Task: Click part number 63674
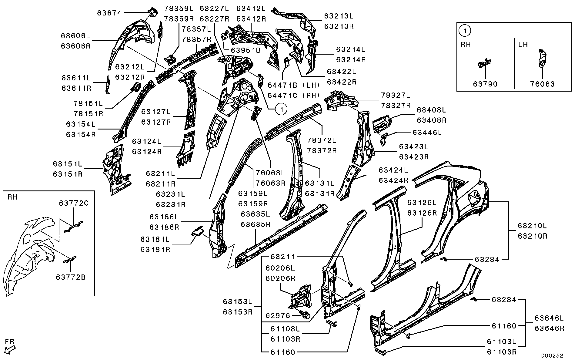tap(109, 13)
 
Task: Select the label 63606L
tap(76, 36)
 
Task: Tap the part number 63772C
tap(74, 203)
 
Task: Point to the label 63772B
tap(71, 277)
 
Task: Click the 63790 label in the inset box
tap(485, 84)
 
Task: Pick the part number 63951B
tap(246, 50)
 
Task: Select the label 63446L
tap(427, 133)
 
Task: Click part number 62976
tap(278, 315)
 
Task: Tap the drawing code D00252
tap(553, 355)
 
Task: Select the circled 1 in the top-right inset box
tap(464, 30)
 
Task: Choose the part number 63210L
tap(532, 226)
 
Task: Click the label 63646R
tap(549, 328)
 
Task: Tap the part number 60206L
tap(280, 268)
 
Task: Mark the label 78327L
tap(395, 96)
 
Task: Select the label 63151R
tap(68, 174)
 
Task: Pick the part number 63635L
tap(256, 214)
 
